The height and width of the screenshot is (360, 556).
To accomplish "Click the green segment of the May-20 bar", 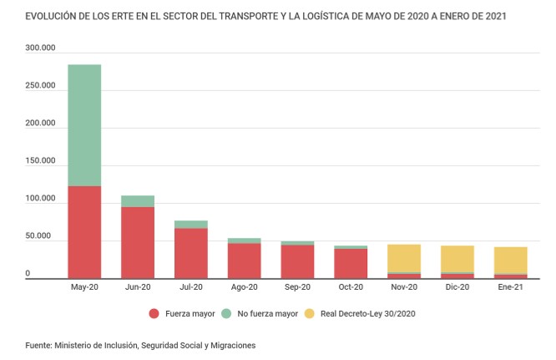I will click(x=84, y=125).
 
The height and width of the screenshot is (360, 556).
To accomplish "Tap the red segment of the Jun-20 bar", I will click(x=138, y=242).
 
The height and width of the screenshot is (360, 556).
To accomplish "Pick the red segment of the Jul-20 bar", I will click(x=191, y=253).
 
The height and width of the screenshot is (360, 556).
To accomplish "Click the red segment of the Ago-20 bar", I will click(x=244, y=261).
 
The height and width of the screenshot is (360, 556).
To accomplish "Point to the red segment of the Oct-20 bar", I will click(x=351, y=263).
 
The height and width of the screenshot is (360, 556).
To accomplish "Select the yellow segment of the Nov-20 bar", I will click(x=404, y=258).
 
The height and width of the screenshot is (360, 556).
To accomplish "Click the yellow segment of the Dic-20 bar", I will click(x=457, y=259).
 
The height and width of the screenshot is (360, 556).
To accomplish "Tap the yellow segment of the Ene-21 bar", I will click(x=510, y=260).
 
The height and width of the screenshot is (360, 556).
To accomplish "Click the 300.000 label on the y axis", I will click(x=39, y=48).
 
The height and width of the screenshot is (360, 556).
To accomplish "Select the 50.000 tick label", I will click(x=42, y=237).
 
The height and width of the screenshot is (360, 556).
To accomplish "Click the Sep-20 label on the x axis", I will click(x=297, y=287).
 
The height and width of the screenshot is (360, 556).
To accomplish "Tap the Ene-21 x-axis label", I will click(x=510, y=287).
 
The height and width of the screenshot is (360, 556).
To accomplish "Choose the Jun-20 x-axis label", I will click(x=138, y=287).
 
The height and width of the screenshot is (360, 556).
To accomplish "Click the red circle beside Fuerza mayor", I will click(x=154, y=314).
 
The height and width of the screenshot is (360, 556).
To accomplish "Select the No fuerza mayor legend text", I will click(x=268, y=314).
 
